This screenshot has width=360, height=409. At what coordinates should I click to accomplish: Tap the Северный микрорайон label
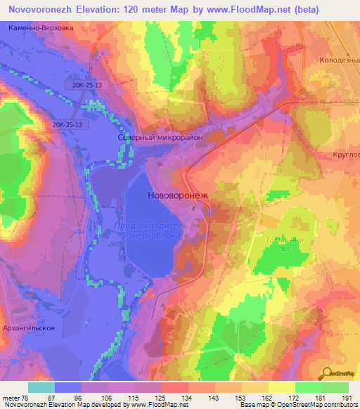tap(160, 138)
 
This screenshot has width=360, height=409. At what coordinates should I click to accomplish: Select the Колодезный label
tap(340, 60)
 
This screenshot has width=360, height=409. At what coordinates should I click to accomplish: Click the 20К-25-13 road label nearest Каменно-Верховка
tap(86, 84)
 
